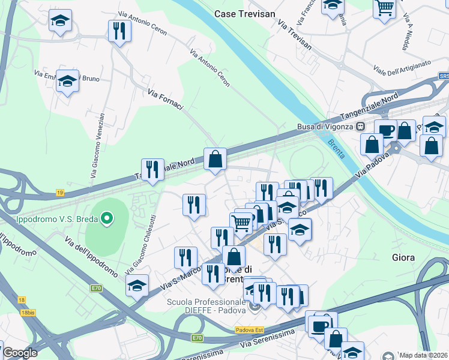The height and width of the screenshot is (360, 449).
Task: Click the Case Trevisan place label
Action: pos(245,13)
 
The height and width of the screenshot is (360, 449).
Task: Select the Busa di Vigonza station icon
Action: pos(361,127)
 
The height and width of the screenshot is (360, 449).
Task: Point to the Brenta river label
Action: pos(336,148)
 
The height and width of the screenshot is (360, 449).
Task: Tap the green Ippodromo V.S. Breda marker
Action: pos(107,218)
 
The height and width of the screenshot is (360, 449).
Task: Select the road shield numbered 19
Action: pos(60,193)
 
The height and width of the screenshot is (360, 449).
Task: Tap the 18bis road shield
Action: pos(28,313)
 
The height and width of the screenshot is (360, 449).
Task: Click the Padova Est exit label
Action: pos(246,329)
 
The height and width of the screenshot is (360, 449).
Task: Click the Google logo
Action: pos(20,353)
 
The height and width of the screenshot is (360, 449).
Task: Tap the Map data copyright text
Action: pos(424,355)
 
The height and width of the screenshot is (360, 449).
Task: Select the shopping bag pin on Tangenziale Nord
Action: pos(215,160)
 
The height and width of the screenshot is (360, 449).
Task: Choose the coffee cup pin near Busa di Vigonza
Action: pos(385,130)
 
